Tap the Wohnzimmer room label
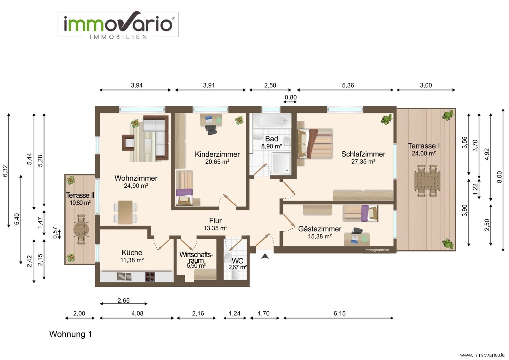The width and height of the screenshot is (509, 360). (136, 178)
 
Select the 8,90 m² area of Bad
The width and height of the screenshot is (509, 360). (271, 146)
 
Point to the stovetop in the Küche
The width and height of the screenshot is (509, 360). (150, 277)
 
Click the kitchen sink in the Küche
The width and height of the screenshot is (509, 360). (124, 276)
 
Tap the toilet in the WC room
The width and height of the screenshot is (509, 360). (235, 274)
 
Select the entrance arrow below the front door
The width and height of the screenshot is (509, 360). (265, 256)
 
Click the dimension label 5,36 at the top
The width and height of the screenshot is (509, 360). (348, 86)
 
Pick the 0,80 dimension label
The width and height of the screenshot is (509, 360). (291, 97)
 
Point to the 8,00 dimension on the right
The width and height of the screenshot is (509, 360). (499, 177)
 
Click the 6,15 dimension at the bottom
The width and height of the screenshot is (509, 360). (339, 313)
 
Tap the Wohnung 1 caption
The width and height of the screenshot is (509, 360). (71, 334)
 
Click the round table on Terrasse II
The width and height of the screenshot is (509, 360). (81, 230)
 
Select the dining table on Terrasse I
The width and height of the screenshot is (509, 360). (427, 181)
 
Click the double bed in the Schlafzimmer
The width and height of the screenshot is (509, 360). (315, 144)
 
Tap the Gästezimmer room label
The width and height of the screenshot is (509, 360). (320, 229)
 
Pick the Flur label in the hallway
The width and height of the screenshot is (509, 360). (215, 221)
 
